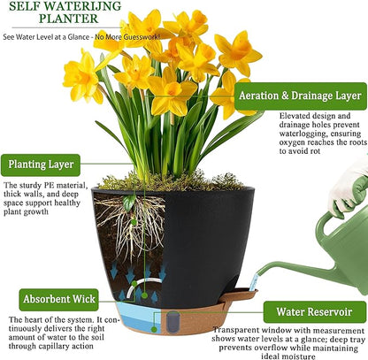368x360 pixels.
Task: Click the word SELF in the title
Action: tap(27, 7)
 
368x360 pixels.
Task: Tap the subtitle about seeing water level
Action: tap(64, 37)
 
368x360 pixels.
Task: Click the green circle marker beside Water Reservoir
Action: tap(253, 310)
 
